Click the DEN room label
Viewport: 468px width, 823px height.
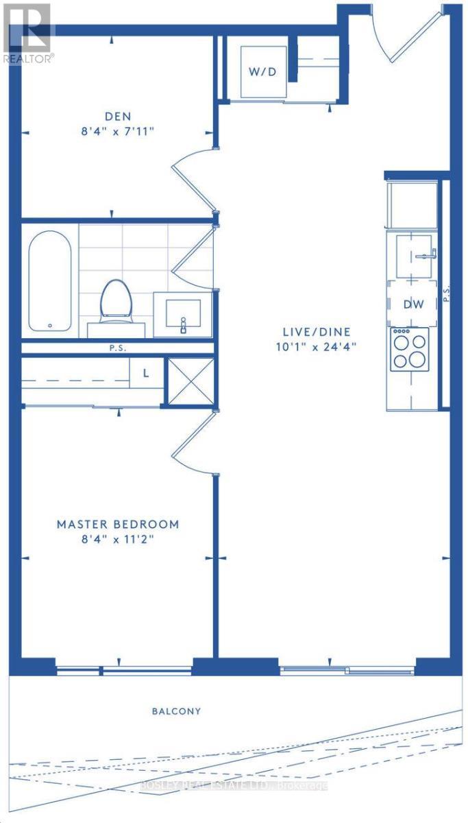pos(118,116)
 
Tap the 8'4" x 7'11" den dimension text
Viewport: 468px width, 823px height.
pos(118,130)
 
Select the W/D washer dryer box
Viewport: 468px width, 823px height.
pos(262,72)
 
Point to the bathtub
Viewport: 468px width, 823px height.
pos(49,281)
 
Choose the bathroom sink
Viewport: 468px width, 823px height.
pos(182,313)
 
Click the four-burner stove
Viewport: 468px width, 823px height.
pos(409,349)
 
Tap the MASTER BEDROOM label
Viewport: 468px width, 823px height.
pos(118,524)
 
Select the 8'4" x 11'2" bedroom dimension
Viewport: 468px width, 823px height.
pos(118,539)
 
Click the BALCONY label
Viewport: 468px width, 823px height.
pos(177,711)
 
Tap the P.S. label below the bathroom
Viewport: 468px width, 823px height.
pos(118,348)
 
